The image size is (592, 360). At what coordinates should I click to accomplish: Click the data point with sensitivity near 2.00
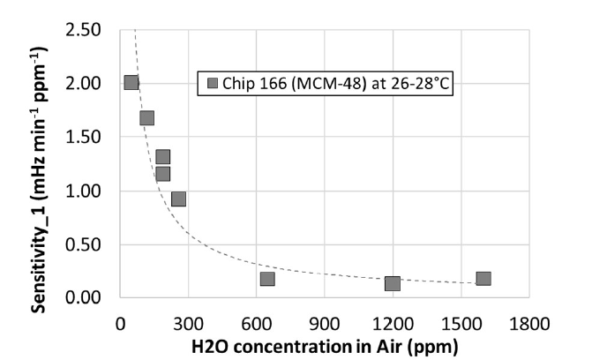pos(131,83)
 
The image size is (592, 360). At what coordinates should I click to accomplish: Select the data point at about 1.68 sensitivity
pos(147,117)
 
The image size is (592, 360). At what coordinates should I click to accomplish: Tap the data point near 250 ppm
pos(178,199)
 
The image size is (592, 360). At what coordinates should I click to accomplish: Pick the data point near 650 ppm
pos(267,279)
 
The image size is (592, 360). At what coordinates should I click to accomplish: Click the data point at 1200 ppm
pos(393,283)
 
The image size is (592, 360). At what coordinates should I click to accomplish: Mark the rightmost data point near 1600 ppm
pos(483,279)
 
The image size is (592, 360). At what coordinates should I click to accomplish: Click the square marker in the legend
pos(213,85)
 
